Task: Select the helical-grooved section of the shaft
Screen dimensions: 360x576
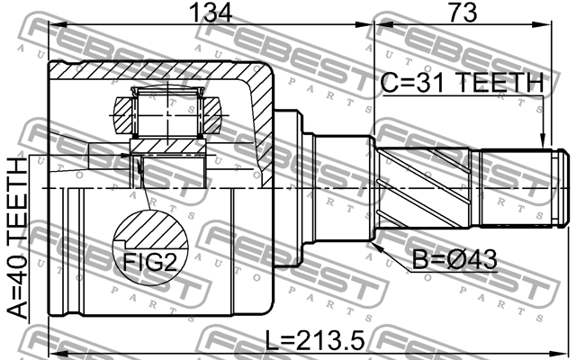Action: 423,189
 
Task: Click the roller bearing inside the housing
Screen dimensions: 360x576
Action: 168,113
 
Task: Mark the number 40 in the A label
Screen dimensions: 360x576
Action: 18,271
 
